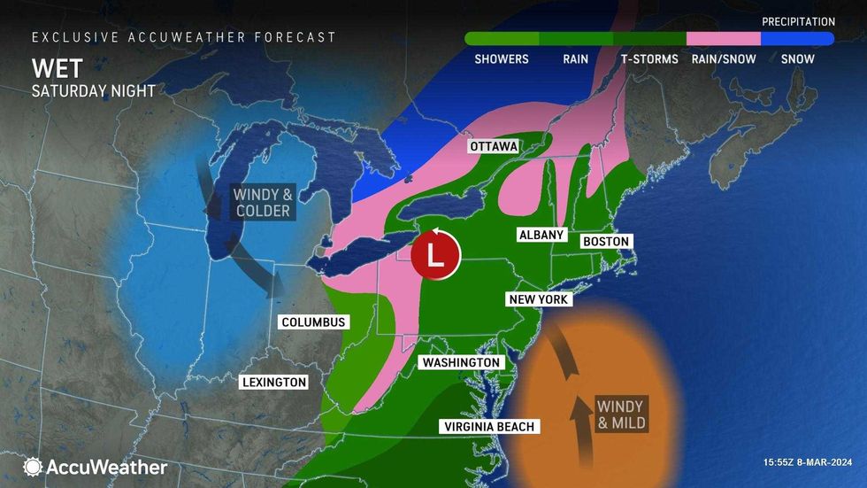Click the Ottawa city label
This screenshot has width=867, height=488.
coord(494,146)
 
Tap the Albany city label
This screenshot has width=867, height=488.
coord(541,234)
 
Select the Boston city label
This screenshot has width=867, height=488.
coord(605,241)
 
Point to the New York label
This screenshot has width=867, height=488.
coord(539,299)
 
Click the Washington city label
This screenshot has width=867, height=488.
coord(460,362)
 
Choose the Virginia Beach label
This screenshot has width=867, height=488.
coord(488,427)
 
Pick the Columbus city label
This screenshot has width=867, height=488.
coord(313,322)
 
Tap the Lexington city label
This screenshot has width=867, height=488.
coord(273,383)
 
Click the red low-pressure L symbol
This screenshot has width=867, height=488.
coord(434,255)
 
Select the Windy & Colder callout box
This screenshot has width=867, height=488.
coord(262,202)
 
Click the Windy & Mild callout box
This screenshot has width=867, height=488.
coord(619,414)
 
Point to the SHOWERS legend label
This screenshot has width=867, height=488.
coord(502,59)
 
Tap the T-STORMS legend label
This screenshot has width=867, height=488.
coord(648,59)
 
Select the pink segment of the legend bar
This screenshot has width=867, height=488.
coord(723,39)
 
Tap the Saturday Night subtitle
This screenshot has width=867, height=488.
coord(94,90)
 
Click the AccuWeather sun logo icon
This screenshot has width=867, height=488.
coord(33,467)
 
